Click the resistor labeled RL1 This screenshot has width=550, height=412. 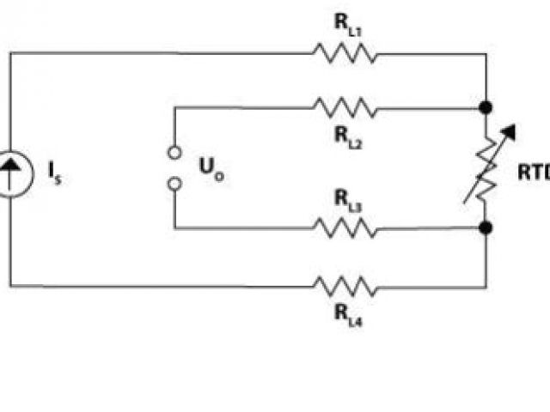click(x=345, y=54)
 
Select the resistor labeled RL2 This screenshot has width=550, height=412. click(x=345, y=109)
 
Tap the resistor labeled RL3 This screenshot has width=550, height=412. click(x=345, y=228)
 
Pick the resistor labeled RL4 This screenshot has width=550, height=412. click(x=345, y=285)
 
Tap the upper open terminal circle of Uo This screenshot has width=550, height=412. click(x=174, y=153)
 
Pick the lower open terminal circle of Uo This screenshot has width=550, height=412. click(x=174, y=184)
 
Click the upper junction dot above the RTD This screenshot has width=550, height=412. click(x=486, y=109)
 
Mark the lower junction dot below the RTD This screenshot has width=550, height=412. click(x=486, y=228)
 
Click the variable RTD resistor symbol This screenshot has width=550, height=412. click(x=486, y=168)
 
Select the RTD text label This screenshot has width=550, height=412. click(x=533, y=172)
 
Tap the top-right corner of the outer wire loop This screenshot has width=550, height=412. click(x=486, y=54)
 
